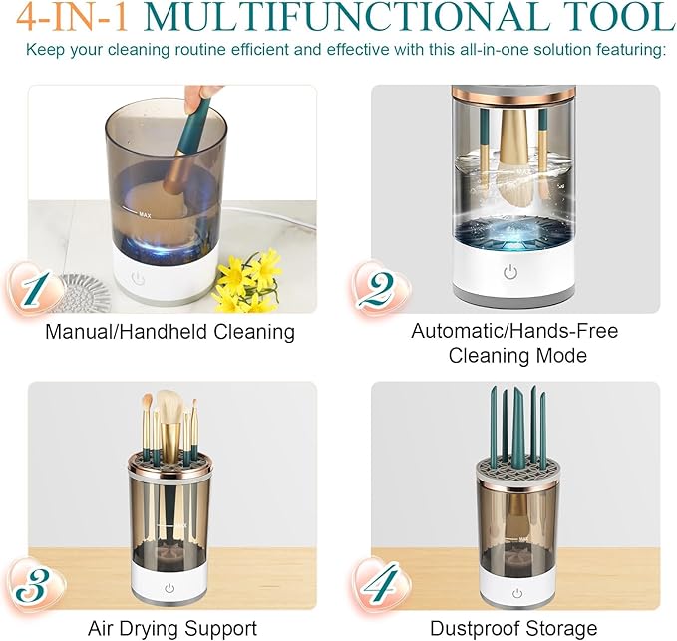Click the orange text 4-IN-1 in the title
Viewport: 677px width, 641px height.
[72, 18]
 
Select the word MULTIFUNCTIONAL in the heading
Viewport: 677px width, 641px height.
[346, 17]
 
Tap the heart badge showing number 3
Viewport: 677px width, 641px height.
[34, 586]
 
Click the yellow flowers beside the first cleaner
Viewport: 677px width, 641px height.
[248, 280]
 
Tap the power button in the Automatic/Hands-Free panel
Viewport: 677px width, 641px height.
[510, 272]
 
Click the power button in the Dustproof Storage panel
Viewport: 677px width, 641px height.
[517, 593]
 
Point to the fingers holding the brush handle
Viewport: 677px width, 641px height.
[199, 97]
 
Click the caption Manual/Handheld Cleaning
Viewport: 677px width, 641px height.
[170, 332]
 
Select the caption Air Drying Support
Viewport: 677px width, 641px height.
[172, 628]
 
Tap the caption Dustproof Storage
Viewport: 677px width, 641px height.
[513, 628]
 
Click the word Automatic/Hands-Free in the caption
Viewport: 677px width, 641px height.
[514, 331]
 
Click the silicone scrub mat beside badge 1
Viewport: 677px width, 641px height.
[81, 293]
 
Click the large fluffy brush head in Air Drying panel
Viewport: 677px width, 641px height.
[171, 407]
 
